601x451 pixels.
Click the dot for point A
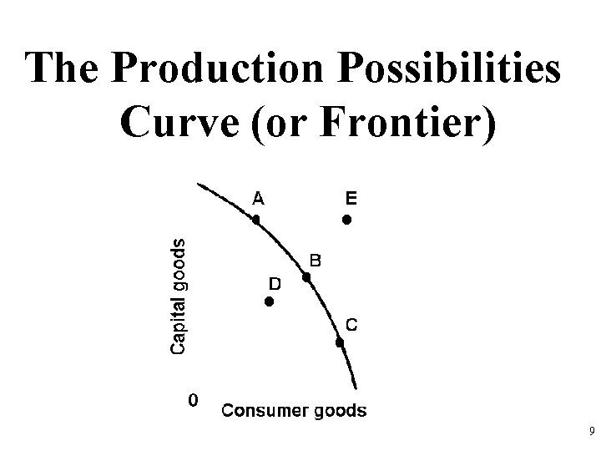point(257,220)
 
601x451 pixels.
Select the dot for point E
point(346,220)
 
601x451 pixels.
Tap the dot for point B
point(307,277)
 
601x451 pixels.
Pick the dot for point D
point(269,302)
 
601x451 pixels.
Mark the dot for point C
point(340,342)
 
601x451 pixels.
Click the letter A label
point(259,198)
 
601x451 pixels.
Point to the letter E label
point(351,198)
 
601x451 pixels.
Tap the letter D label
point(275,284)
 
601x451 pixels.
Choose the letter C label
point(353,325)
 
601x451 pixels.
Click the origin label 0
point(193,400)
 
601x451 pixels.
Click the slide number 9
point(591,432)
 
